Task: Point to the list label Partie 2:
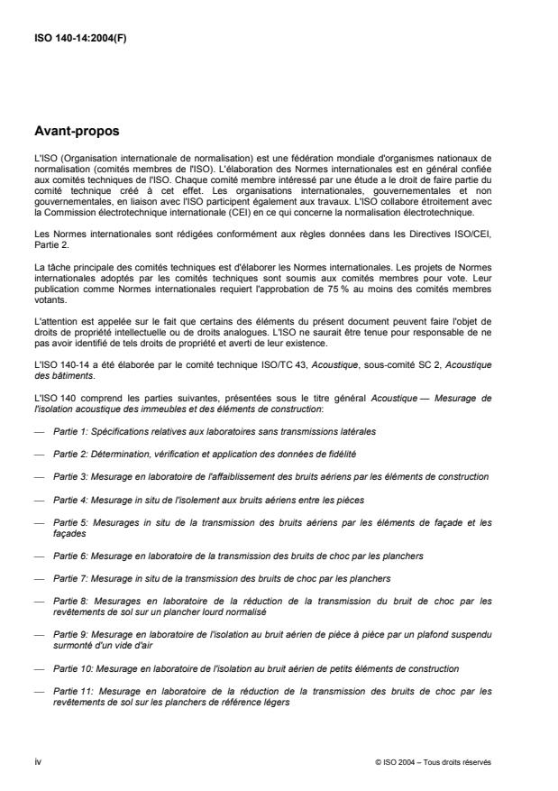pos(71,455)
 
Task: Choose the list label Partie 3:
pos(71,475)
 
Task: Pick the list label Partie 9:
pos(71,635)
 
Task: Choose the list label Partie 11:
pos(73,692)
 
